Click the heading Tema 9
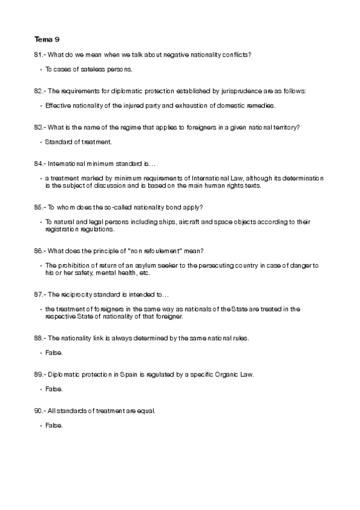point(47,40)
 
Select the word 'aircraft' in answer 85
point(204,221)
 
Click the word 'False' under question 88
point(53,352)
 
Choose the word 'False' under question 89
point(53,389)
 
